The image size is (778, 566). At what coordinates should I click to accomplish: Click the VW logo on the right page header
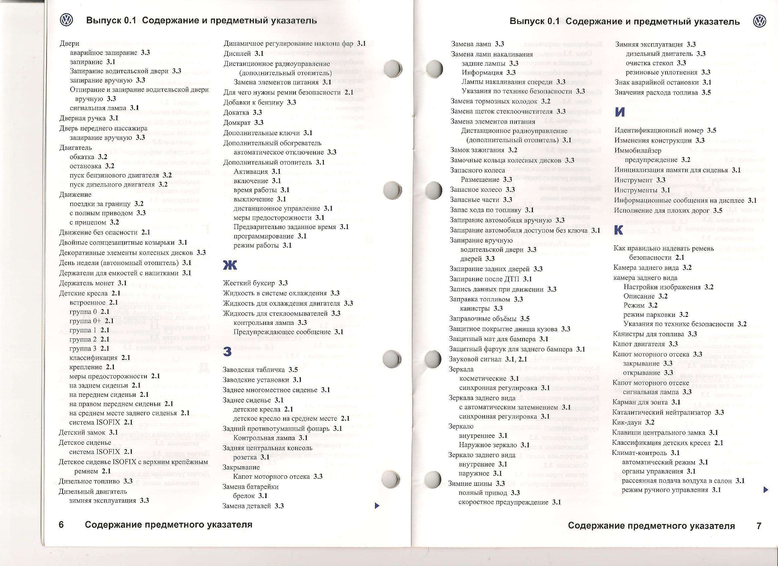pyautogui.click(x=759, y=22)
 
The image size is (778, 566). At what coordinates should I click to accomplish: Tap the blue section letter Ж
pyautogui.click(x=230, y=265)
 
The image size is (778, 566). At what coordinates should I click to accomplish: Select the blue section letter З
pyautogui.click(x=227, y=352)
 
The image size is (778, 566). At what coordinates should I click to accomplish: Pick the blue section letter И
pyautogui.click(x=620, y=112)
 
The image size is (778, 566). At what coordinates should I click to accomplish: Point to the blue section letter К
pyautogui.click(x=619, y=230)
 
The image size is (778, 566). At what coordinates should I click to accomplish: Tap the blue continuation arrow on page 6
pyautogui.click(x=377, y=505)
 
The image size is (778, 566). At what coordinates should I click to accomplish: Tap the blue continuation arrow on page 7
pyautogui.click(x=766, y=490)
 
